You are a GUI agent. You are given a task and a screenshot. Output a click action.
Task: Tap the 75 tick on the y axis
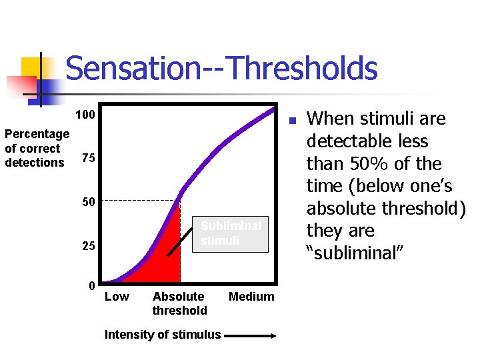click(88, 159)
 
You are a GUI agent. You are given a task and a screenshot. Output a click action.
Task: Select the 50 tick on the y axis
click(88, 202)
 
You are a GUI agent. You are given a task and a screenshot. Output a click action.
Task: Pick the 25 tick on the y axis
click(88, 247)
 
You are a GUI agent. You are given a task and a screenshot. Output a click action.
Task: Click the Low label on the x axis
click(117, 297)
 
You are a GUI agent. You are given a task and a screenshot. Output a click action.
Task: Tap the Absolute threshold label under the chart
click(179, 303)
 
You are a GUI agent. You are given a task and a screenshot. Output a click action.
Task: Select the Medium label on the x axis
click(251, 297)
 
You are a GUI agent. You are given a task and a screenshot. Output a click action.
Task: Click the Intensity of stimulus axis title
click(163, 335)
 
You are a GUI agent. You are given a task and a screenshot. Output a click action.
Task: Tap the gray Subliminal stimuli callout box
click(231, 233)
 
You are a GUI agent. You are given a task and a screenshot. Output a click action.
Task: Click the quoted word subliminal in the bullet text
click(353, 253)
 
